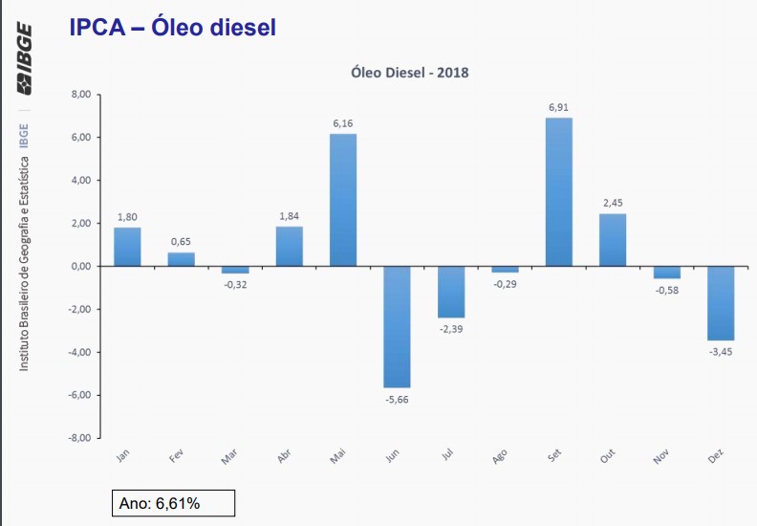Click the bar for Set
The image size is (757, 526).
559,191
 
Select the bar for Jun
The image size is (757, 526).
397,326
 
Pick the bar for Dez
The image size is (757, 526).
721,303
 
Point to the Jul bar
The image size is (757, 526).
451,292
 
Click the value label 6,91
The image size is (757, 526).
559,108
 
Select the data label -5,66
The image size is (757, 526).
397,399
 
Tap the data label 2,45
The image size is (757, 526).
613,203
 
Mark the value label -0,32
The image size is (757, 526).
235,285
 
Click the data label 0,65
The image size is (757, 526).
181,242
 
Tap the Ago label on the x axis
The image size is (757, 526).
500,457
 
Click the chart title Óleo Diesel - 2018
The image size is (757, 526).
410,72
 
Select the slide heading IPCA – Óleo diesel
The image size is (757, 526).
172,28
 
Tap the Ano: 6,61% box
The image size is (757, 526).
173,503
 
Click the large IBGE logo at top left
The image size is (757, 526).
24,58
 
